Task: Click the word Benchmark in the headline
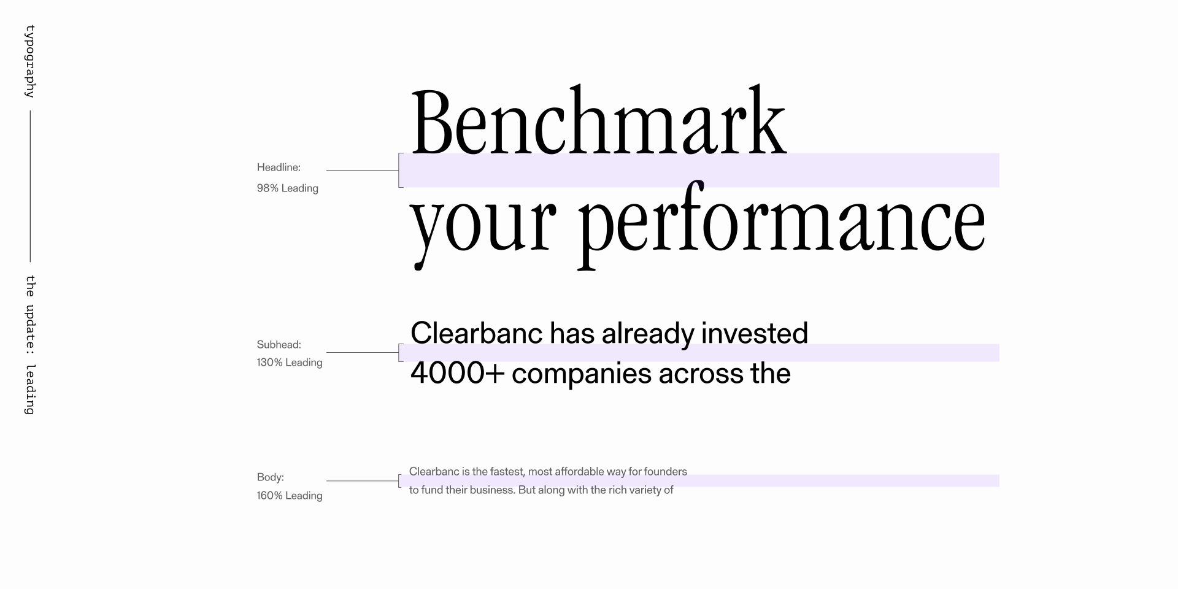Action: click(598, 121)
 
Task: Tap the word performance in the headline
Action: click(782, 225)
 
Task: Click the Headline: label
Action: click(279, 167)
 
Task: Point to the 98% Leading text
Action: click(287, 188)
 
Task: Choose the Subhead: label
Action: click(279, 345)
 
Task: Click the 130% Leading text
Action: click(289, 363)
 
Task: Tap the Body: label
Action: click(270, 477)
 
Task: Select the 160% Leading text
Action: click(289, 496)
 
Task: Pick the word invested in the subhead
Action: click(755, 333)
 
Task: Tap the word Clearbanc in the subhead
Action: click(477, 333)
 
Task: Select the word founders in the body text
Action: click(666, 471)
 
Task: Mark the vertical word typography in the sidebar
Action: click(29, 61)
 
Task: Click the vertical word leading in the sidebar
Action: click(29, 390)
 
